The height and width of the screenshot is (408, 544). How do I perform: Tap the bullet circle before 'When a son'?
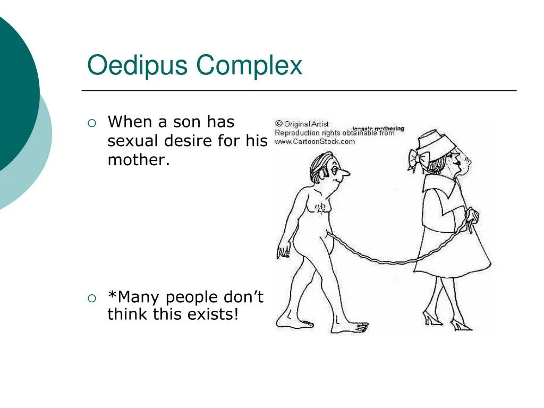[92, 123]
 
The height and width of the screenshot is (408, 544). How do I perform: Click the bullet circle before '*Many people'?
[92, 298]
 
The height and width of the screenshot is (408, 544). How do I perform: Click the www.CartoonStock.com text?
[314, 142]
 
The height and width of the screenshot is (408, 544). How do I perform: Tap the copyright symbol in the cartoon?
[278, 124]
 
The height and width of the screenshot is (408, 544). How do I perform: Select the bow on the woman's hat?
[415, 159]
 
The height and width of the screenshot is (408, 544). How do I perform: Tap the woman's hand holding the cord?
[471, 218]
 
